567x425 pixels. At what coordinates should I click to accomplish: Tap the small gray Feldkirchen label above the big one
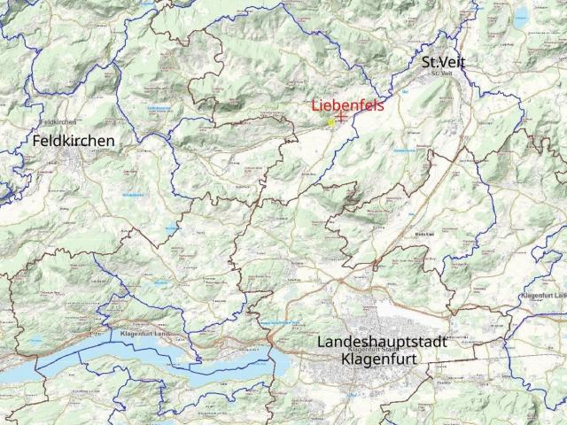[58, 121]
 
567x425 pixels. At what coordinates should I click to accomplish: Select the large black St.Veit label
[443, 62]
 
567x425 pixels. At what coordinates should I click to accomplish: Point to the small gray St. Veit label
[441, 73]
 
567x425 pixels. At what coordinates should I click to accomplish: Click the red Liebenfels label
[342, 106]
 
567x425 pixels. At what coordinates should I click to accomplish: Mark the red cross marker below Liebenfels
[340, 117]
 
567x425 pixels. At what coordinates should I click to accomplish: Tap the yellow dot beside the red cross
[330, 122]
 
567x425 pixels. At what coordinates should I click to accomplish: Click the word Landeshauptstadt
[381, 344]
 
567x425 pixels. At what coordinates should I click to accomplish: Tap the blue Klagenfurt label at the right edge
[544, 293]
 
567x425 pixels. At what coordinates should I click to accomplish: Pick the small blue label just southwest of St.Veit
[405, 91]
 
